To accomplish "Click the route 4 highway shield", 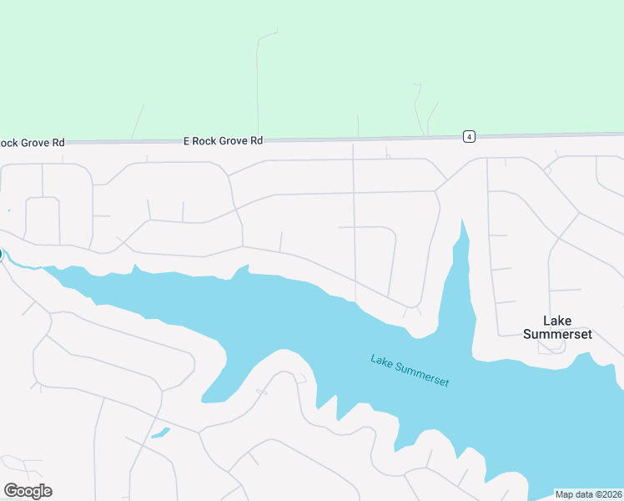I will coord(470,136).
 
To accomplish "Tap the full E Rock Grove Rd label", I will coord(223,141).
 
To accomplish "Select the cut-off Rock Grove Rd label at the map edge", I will coord(32,143).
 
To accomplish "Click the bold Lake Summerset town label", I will coord(556,326).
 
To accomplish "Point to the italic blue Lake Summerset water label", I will coord(410,371).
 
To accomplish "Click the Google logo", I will coord(28,491).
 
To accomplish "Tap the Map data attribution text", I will coord(588,494).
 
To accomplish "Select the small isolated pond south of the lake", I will coord(160,433).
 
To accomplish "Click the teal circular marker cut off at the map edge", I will coord(1,255).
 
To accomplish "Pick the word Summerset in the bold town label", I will coord(556,334).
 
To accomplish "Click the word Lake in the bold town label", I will coord(556,320).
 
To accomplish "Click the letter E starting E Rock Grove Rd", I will coord(187,141).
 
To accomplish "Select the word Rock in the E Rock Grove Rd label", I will coord(204,141).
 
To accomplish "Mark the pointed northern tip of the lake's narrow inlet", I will coord(461,220).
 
